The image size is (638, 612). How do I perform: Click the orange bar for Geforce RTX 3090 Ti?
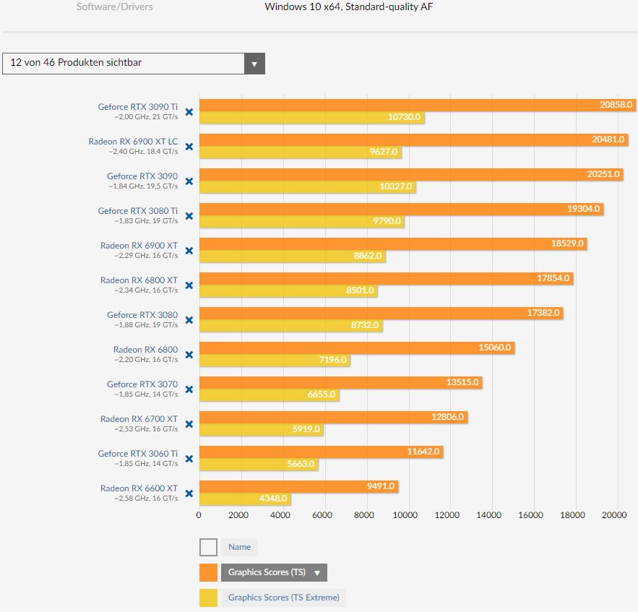[405, 105]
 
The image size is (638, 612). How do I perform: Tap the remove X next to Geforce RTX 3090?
[189, 181]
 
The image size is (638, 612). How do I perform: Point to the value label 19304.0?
[583, 209]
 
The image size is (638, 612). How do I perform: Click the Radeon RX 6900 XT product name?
[139, 246]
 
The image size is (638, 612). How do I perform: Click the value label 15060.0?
[494, 348]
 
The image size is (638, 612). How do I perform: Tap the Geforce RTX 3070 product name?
[142, 384]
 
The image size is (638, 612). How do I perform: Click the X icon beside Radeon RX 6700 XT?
[189, 424]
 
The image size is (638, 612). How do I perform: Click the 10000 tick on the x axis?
[407, 515]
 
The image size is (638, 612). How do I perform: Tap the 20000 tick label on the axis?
[615, 515]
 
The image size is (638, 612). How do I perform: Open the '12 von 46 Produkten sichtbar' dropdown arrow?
[254, 64]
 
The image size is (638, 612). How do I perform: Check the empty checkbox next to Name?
[208, 548]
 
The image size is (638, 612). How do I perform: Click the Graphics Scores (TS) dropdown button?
[273, 572]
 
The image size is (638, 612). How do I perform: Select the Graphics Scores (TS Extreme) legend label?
[283, 598]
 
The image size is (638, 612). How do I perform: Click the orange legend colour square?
[208, 572]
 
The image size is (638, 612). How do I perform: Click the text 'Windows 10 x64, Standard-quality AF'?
[349, 7]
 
